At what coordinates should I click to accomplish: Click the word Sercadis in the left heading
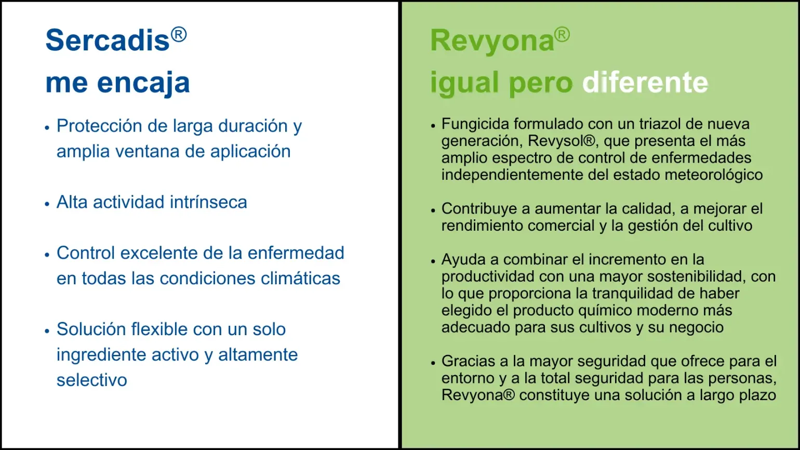(107, 39)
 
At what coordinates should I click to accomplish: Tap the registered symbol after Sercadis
(179, 35)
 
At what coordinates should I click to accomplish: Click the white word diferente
(645, 83)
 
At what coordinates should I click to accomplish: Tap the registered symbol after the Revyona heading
(562, 35)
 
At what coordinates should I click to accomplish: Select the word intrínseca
(208, 202)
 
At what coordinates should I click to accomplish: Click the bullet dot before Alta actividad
(47, 204)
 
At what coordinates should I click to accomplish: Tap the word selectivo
(92, 380)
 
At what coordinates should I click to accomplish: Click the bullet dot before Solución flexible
(47, 331)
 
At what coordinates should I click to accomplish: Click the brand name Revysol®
(562, 141)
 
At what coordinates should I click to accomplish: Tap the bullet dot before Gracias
(433, 363)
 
